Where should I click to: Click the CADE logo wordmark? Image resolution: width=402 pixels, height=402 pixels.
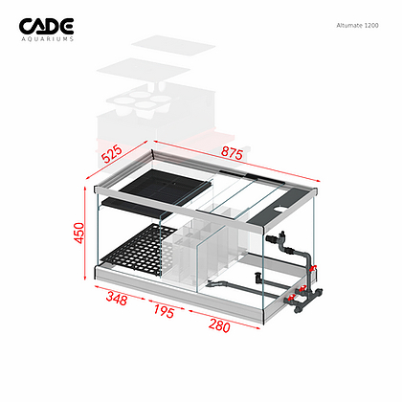coord(46,26)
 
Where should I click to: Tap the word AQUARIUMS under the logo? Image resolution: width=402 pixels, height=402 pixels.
coord(48,39)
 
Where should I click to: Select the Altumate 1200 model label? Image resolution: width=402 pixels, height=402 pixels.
coord(357,26)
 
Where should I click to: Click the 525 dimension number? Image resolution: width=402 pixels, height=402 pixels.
coord(112,154)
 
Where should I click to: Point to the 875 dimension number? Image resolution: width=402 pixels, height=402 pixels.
coord(232,153)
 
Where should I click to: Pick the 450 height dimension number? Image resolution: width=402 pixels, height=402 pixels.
coord(78,233)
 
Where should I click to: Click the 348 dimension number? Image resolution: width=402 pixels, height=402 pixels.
coord(117,299)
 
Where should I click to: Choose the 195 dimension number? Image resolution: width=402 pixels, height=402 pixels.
coord(164,311)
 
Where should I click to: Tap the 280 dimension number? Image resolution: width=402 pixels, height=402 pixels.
coord(219,325)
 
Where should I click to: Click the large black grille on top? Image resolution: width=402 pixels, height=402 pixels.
coord(166,187)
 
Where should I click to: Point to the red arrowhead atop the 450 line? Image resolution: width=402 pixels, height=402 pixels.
coord(85,190)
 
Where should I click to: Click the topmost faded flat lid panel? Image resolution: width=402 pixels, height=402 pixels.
coord(173,45)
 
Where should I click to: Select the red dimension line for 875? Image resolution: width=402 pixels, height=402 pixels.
coord(237,161)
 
